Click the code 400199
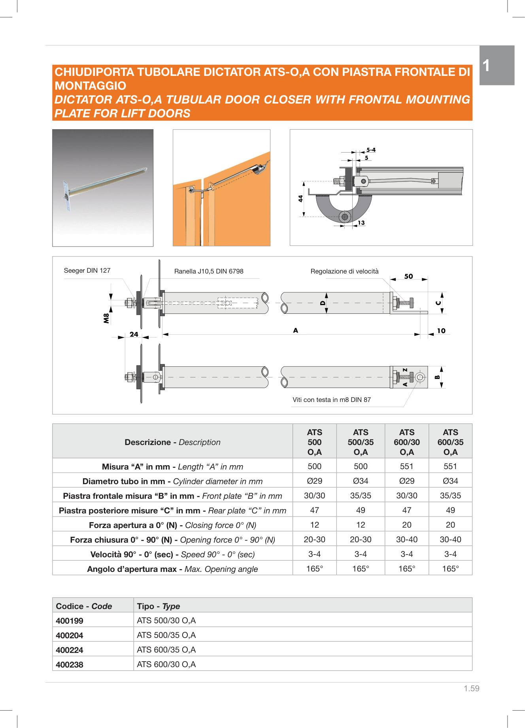pos(70,620)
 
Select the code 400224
pos(70,650)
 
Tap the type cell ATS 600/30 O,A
pos(166,664)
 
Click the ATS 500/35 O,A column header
pos(361,442)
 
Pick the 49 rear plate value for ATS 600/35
pos(450,510)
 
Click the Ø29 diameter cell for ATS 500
pos(315,481)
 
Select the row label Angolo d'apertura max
pos(172,569)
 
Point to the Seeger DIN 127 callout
pos(87,271)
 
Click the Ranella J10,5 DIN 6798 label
pos(209,271)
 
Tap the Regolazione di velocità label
pos(344,271)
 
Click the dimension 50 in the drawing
pos(409,277)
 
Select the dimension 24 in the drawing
pos(134,334)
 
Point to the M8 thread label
pos(106,318)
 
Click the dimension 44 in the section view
pos(301,198)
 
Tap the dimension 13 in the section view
pos(361,223)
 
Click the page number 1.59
pos(471,688)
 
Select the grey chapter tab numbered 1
pos(497,65)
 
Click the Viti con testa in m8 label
pos(331,400)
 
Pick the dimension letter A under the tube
pos(296,330)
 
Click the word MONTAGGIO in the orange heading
pos(91,86)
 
